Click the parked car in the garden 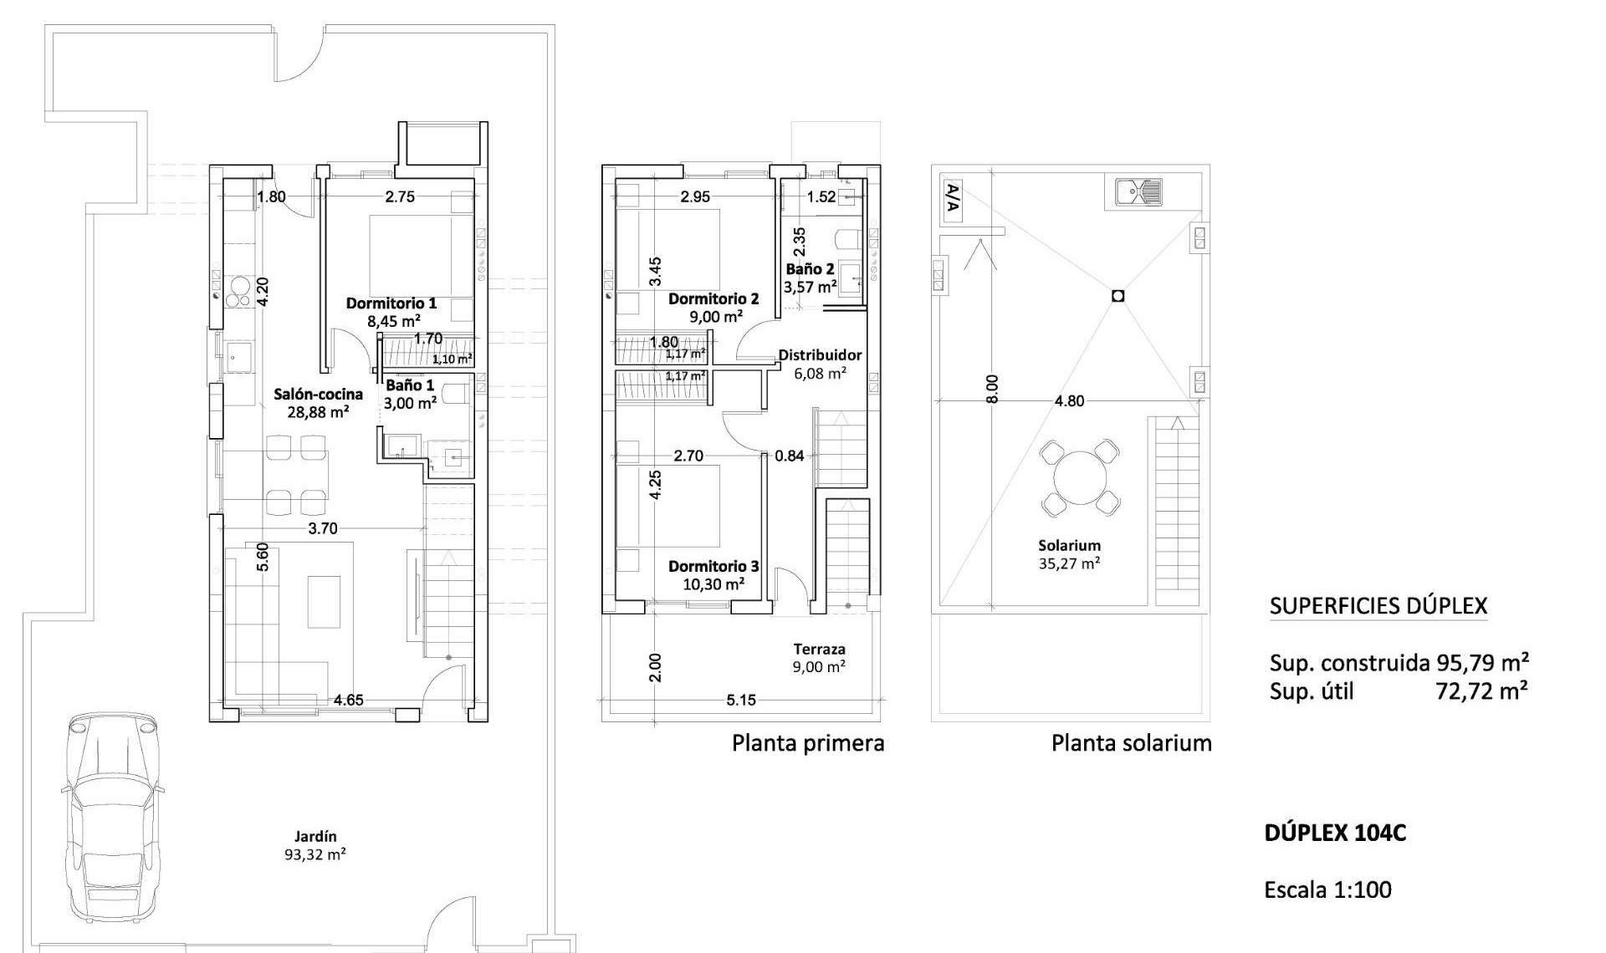(113, 815)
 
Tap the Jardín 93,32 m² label (315, 845)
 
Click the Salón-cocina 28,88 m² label (319, 403)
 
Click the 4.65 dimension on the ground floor (348, 701)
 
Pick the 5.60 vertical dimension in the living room (263, 557)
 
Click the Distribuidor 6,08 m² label (820, 364)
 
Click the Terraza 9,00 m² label (819, 658)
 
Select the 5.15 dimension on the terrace (740, 701)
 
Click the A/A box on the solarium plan (953, 201)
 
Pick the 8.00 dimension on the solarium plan (992, 389)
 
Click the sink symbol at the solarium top (1138, 192)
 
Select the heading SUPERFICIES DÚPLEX (1378, 606)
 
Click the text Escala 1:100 (1327, 889)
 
